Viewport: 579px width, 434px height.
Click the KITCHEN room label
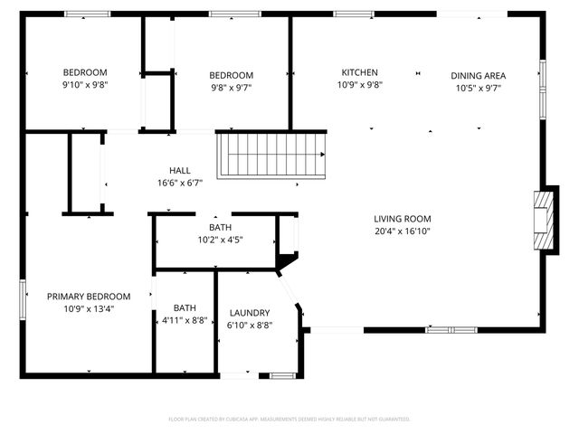[359, 72]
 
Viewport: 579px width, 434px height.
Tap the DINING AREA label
[478, 75]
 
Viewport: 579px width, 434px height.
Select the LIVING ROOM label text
[403, 219]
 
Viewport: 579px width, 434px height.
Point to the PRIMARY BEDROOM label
[89, 296]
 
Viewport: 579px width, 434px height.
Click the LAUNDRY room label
[250, 313]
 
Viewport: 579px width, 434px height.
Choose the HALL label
[179, 170]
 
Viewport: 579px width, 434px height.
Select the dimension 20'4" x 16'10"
[403, 231]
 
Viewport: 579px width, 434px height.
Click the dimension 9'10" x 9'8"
[85, 85]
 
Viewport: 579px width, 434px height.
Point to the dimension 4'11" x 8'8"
[185, 320]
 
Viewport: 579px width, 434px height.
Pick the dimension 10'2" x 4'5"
[220, 240]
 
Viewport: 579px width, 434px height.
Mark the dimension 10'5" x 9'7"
[478, 88]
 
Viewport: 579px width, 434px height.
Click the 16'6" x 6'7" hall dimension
[179, 182]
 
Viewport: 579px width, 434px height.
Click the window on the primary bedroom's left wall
[23, 297]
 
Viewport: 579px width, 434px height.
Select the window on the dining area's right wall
[543, 76]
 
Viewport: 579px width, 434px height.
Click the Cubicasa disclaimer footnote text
[289, 420]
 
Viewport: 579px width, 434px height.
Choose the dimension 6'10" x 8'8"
[250, 325]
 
